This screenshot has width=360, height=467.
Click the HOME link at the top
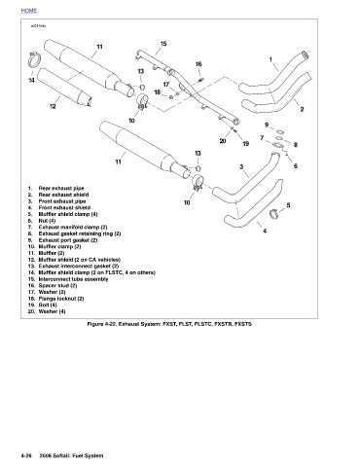[x=29, y=11]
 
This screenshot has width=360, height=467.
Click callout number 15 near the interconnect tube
[x=163, y=44]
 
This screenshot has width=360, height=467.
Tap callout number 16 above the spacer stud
[x=198, y=64]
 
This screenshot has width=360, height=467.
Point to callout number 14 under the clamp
[x=31, y=80]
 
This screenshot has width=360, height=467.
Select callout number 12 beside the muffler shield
[x=53, y=106]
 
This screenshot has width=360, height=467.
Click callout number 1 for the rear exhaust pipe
[x=270, y=59]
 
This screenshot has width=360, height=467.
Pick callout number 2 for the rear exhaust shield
[x=302, y=109]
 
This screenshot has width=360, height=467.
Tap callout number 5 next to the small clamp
[x=288, y=205]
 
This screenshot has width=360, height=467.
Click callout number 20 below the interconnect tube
[x=223, y=141]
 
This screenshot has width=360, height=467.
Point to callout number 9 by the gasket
[x=267, y=125]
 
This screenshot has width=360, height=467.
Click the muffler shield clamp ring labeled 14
[x=34, y=60]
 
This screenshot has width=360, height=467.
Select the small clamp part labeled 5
[x=274, y=214]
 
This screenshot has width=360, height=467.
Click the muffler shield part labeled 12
[x=64, y=87]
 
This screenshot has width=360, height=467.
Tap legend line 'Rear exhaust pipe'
[x=61, y=188]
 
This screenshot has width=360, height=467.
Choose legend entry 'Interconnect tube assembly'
[x=73, y=279]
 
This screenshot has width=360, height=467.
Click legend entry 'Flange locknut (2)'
[x=61, y=299]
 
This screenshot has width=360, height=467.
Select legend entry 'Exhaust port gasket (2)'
[x=68, y=240]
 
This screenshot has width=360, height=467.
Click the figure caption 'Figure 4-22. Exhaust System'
[x=125, y=324]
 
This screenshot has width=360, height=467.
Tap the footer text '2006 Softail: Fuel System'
[x=71, y=455]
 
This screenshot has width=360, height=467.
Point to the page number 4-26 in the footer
[x=26, y=455]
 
